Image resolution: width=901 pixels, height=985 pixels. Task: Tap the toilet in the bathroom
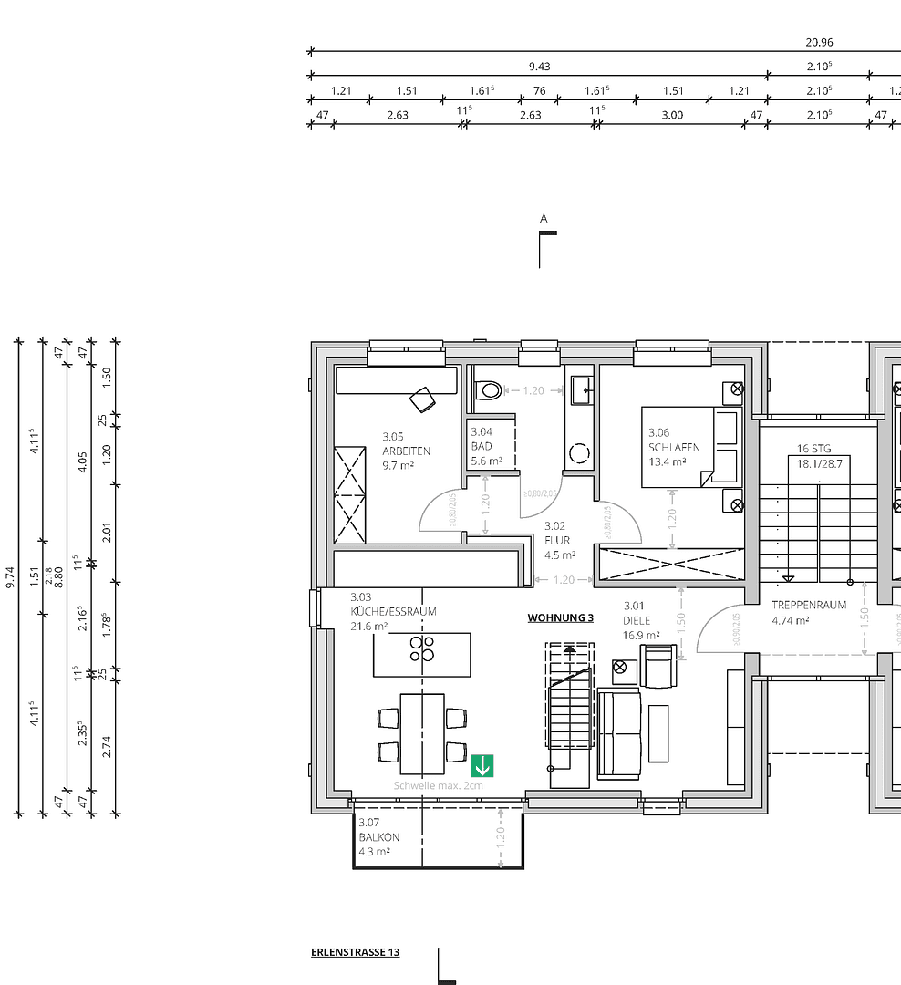[489, 390]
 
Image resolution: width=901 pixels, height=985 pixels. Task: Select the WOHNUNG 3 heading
[560, 617]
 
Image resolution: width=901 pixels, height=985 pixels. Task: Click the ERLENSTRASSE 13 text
[355, 952]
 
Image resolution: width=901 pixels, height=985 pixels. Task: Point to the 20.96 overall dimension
[819, 42]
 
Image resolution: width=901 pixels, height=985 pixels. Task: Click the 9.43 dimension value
[539, 67]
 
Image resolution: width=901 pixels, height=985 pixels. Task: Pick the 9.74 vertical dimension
[11, 577]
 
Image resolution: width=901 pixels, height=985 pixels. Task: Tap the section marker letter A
[544, 219]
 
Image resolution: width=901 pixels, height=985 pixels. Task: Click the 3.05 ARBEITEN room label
[405, 451]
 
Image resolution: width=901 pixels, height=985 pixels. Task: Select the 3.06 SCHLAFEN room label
[674, 447]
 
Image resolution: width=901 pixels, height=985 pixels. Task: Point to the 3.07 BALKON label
[378, 836]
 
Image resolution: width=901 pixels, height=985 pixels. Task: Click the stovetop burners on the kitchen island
[421, 648]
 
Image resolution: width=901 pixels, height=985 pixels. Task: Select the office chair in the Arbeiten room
[422, 399]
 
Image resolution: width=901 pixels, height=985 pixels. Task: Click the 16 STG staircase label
[813, 448]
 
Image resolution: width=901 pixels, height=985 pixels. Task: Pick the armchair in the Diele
[658, 666]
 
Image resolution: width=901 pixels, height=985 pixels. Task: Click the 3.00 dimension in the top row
[671, 115]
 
